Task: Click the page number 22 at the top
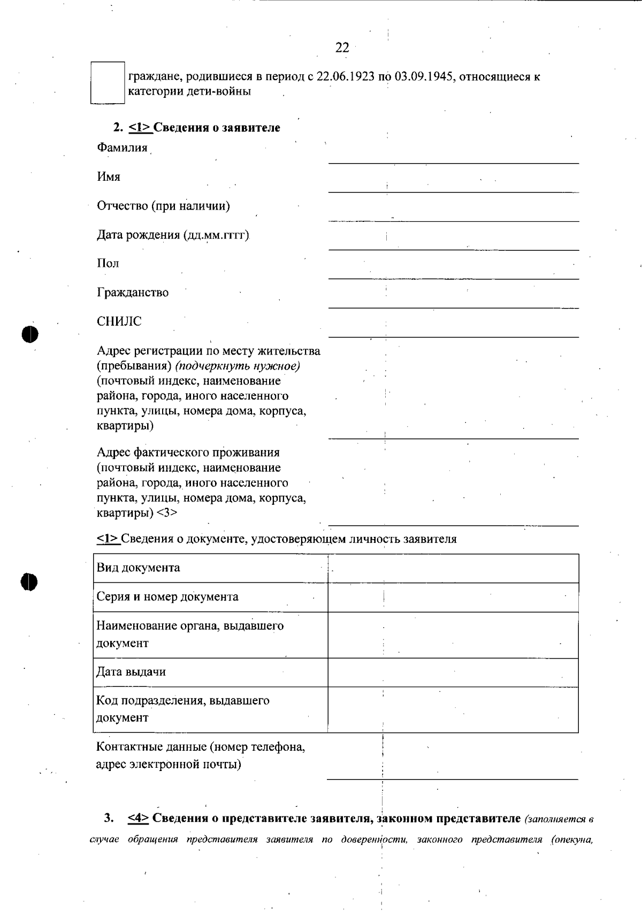(342, 48)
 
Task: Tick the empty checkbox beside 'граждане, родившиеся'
(107, 82)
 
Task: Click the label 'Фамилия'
(122, 148)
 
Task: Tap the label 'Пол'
(108, 264)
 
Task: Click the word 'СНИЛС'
(119, 321)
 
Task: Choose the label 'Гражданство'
(133, 292)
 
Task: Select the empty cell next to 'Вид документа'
(453, 568)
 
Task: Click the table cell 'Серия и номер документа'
(167, 597)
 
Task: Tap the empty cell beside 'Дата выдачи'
(453, 672)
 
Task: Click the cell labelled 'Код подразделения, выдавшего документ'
(182, 709)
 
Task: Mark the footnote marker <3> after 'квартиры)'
(167, 513)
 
